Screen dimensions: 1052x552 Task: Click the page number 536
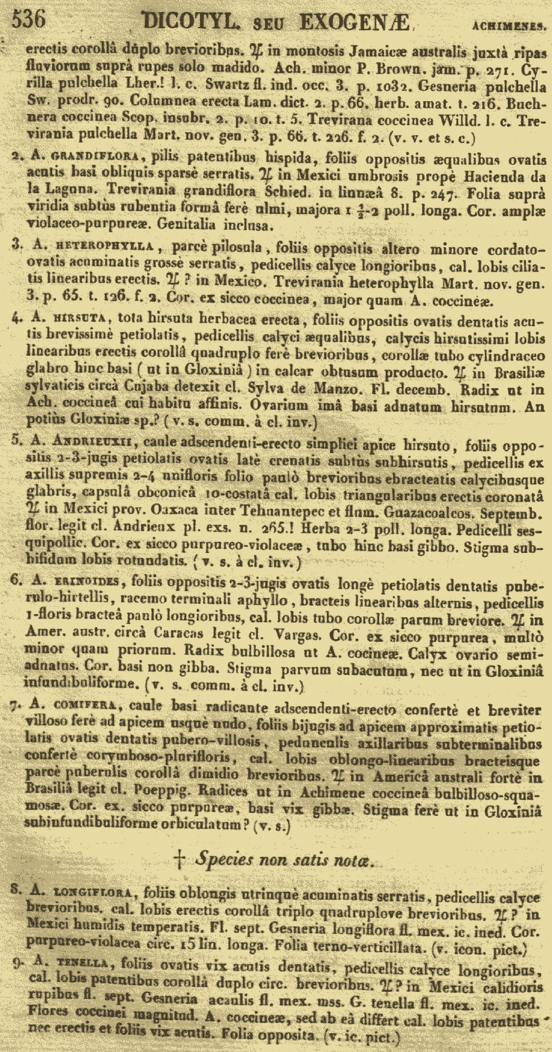click(29, 20)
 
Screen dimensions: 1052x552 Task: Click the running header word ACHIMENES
click(509, 25)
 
